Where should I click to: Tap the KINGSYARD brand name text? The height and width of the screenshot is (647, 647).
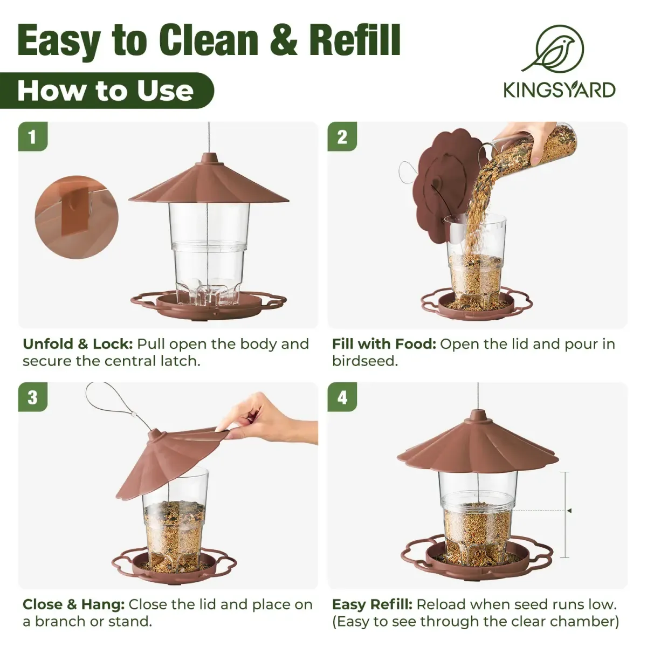[x=559, y=90]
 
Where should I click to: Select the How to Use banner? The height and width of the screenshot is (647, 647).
[x=106, y=91]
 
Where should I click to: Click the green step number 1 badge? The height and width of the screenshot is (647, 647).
[x=32, y=136]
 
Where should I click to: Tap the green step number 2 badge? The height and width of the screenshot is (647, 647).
[x=342, y=136]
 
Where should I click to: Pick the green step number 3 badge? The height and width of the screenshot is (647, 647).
[x=32, y=397]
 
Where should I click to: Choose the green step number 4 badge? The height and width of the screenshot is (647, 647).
[x=342, y=397]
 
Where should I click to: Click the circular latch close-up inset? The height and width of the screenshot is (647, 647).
[x=75, y=217]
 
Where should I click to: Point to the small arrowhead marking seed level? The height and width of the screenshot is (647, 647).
[x=569, y=511]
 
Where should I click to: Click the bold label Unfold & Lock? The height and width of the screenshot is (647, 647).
[x=78, y=344]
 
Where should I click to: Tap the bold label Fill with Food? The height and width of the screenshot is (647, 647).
[x=384, y=344]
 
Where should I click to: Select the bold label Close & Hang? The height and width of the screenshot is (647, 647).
[x=73, y=604]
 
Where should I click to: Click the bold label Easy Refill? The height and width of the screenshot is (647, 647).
[x=372, y=604]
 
